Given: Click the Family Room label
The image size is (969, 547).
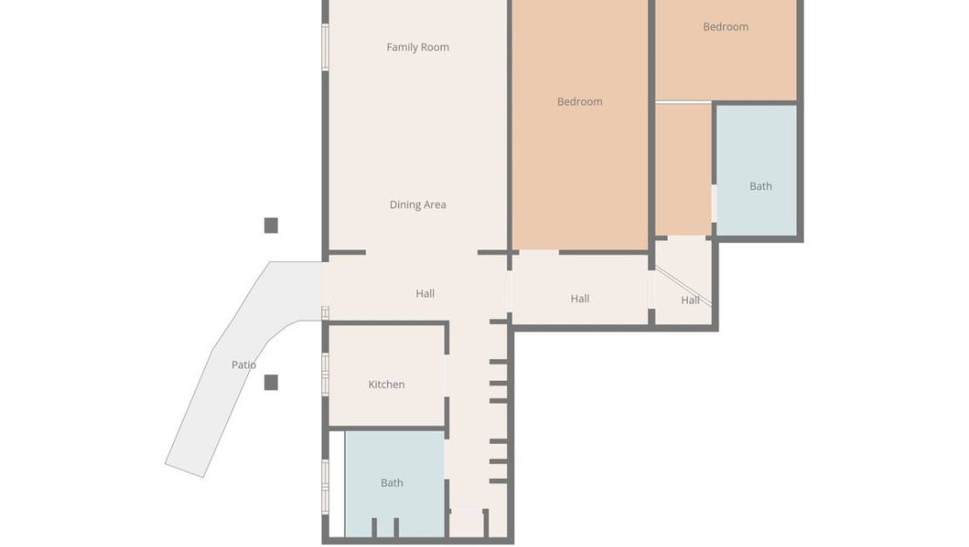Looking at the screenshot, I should [x=417, y=47].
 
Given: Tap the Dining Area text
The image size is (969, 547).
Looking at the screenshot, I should [x=417, y=204].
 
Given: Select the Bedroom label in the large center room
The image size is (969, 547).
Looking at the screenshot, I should [x=580, y=101].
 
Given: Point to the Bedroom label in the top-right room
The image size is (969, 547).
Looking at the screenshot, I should [x=725, y=27].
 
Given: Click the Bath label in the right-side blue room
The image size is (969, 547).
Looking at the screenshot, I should [x=760, y=186].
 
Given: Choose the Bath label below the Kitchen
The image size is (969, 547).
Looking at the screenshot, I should [x=392, y=482].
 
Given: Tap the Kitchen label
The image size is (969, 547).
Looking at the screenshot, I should [x=386, y=384].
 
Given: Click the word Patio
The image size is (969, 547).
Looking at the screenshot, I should [x=244, y=364].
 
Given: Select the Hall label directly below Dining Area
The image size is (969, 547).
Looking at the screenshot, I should [x=425, y=294].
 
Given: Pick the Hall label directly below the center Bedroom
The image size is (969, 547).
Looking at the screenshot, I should [x=580, y=299].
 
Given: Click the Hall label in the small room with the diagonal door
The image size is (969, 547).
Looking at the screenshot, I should [x=690, y=300].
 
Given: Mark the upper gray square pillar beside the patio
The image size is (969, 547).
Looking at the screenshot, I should [x=271, y=225].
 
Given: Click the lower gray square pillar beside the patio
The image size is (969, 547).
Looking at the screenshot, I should [x=271, y=382].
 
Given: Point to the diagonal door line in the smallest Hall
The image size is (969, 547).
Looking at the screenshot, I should [x=684, y=287].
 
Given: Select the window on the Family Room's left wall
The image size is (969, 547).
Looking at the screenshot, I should [x=326, y=46].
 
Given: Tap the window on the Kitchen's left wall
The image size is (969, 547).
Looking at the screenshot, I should [x=326, y=374].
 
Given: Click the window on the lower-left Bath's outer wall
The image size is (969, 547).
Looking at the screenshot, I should [x=326, y=486].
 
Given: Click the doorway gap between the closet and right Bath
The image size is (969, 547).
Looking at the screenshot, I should [x=714, y=203].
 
